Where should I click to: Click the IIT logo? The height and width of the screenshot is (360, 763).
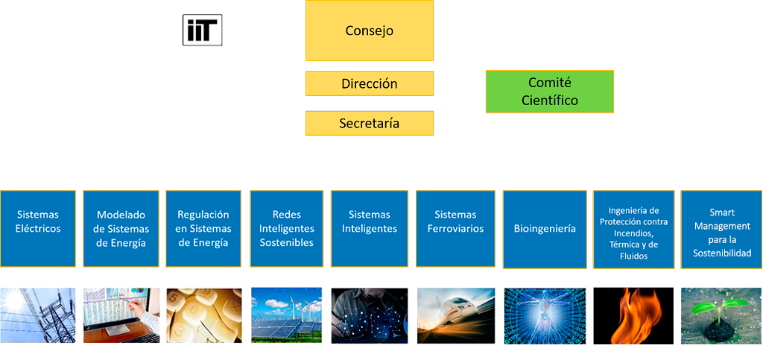pos(203,30)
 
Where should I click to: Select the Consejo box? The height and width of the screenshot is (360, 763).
pos(370,31)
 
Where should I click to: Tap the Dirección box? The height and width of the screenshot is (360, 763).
pos(370,83)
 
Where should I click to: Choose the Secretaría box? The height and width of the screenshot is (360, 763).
pos(370,123)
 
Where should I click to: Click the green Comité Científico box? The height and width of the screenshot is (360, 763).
pos(549,92)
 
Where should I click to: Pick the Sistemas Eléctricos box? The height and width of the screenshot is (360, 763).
pos(38,229)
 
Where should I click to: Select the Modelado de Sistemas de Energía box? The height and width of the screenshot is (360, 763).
pos(121,229)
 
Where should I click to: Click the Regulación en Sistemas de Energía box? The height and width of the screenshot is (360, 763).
pos(203,229)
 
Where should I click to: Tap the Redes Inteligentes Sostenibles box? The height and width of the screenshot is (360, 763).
pos(287,229)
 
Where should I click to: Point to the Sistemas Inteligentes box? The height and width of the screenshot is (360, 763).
pos(370,229)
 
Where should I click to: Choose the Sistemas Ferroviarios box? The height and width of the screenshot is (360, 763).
pos(455,229)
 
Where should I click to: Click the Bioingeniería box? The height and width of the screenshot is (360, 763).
pos(545,229)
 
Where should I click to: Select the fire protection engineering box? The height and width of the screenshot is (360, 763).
pos(633,229)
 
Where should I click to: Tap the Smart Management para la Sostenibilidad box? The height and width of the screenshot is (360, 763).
pos(721,229)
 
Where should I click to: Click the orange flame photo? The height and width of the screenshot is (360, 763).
pos(633,316)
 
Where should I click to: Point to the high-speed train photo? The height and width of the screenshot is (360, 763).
pos(456,316)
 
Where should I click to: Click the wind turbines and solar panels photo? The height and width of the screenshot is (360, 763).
pos(287,315)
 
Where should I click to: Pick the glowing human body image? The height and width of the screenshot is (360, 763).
pos(545,316)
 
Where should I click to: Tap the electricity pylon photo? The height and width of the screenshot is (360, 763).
pos(38,315)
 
